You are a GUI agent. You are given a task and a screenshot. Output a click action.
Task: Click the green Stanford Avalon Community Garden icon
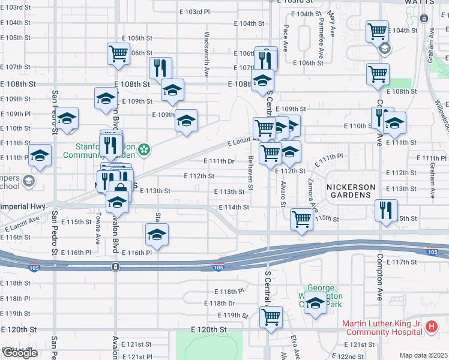(x=144, y=149)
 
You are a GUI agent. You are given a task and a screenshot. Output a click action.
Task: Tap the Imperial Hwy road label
(x=24, y=206)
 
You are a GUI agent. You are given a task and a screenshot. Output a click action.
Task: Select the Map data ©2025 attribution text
(x=423, y=355)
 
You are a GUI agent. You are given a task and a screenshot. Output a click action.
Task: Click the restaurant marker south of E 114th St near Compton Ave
(x=386, y=210)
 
